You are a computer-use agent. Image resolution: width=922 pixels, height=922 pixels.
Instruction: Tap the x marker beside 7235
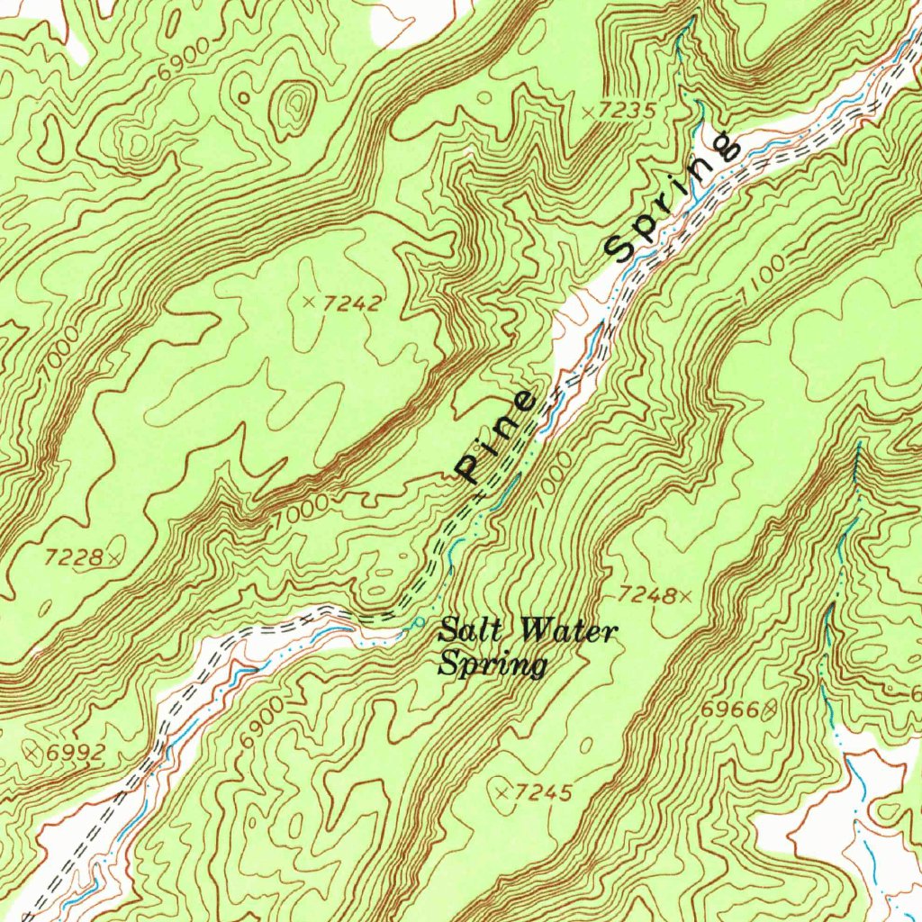point(588,112)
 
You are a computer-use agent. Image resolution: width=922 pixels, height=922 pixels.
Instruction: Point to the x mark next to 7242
point(310,301)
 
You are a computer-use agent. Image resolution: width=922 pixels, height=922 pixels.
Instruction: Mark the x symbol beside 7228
point(113,559)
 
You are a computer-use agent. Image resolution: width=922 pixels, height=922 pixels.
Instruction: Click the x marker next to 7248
point(686,595)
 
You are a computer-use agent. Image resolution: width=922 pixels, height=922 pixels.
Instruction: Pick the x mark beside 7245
point(502,791)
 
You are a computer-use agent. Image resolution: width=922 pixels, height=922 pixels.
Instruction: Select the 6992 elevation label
point(77,752)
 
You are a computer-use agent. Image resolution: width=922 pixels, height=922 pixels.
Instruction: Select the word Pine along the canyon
point(498,437)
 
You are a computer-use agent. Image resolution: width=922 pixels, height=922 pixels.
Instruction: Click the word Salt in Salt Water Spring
point(463,630)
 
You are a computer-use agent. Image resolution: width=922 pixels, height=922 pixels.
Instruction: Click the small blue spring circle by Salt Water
point(419,622)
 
